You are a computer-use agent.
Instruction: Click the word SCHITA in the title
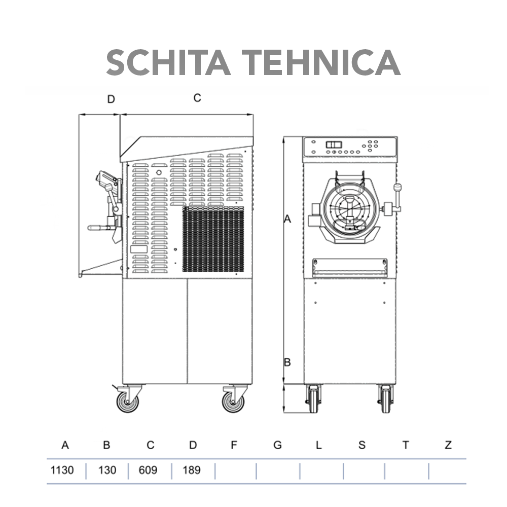tap(165, 63)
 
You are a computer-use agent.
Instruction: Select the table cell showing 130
tap(107, 470)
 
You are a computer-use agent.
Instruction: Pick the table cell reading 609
tap(148, 470)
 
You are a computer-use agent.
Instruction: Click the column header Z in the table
tap(448, 445)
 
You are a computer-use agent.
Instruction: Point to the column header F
tap(234, 445)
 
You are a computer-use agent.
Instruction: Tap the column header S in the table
tap(361, 445)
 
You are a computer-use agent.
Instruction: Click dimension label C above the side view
tap(197, 98)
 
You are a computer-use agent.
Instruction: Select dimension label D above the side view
tap(111, 99)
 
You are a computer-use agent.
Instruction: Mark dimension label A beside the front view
tap(287, 219)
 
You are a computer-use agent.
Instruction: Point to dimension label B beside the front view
tap(287, 363)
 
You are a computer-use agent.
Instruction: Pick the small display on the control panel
tap(334, 144)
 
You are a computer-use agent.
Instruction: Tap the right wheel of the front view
tap(386, 399)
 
